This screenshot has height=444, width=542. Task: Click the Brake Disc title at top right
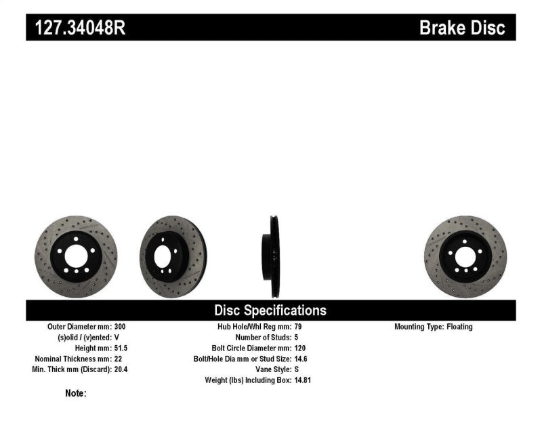(x=463, y=27)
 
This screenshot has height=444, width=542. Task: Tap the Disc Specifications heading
(x=270, y=310)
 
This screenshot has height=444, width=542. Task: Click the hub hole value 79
(x=299, y=327)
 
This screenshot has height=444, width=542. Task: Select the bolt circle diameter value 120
(x=301, y=348)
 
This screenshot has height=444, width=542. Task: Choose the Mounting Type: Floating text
(x=434, y=327)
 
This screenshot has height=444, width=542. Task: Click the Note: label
(x=76, y=393)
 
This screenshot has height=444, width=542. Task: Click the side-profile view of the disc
(x=274, y=256)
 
